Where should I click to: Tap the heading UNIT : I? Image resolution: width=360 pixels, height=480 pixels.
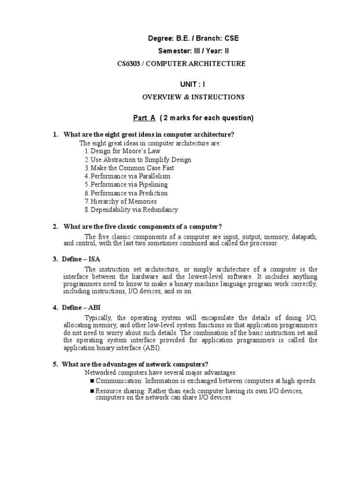193,84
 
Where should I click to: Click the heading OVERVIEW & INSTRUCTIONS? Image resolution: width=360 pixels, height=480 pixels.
193,97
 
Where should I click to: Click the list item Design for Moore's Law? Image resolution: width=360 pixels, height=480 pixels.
122,151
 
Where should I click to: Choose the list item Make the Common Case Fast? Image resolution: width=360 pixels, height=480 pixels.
129,168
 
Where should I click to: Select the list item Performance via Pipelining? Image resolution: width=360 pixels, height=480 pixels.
126,185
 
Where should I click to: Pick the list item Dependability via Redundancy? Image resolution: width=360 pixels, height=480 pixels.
131,210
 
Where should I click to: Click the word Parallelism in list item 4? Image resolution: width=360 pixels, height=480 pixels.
153,176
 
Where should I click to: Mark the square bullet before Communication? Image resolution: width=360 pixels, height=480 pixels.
92,381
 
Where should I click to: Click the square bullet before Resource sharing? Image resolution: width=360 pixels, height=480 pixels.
92,391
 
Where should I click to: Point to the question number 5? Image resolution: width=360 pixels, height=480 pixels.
55,364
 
